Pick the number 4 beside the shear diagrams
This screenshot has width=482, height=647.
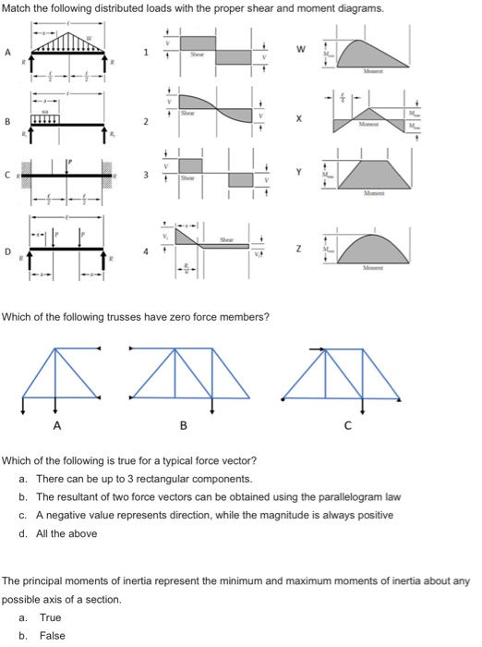(x=142, y=250)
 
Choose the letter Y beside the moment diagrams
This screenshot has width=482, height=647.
(x=299, y=173)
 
